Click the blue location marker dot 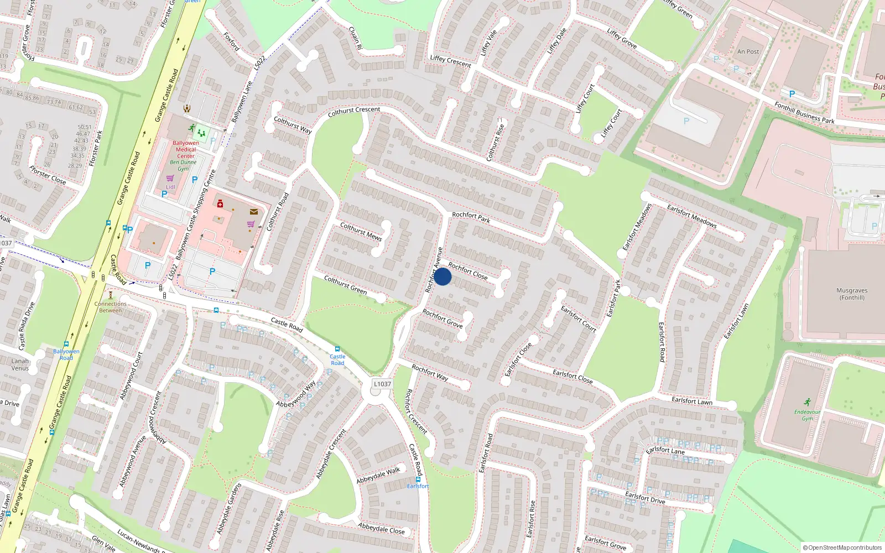pos(442,276)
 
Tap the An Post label pos(748,51)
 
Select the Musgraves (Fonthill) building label pos(852,294)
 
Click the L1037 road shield pos(382,384)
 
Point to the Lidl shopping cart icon pos(170,179)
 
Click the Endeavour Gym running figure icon pos(808,402)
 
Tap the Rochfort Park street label pos(471,217)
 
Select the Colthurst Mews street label pos(361,232)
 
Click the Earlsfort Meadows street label pos(691,216)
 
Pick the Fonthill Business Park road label pos(804,113)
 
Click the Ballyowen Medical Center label pos(186,149)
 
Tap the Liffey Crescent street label pos(450,61)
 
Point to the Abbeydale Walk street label pos(378,475)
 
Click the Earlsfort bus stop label pos(418,486)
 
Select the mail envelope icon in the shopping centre pos(254,212)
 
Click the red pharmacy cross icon pos(220,204)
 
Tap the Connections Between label pos(110,307)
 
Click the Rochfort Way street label pos(430,373)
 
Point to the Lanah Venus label pos(20,364)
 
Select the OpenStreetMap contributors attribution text pos(842,548)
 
